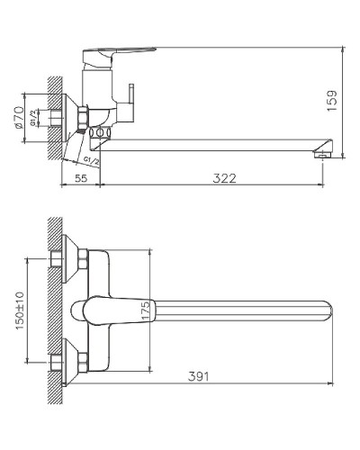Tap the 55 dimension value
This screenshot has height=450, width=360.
[80, 178]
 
